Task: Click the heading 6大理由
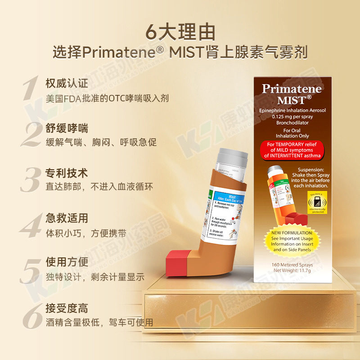[180, 31]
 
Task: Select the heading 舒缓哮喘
[67, 128]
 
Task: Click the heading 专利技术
[67, 173]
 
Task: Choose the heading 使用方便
[67, 262]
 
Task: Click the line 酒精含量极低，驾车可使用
[99, 322]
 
